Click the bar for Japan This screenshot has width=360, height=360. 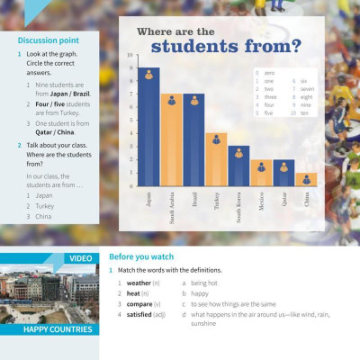pos(148,130)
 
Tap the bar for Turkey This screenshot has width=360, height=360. pos(216,160)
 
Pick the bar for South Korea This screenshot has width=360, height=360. pos(238,166)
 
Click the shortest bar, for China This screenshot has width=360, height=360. pos(306,180)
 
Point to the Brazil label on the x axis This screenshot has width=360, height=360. pos(193,199)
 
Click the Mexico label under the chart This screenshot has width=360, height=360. pos(261,201)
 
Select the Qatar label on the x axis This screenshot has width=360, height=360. pos(283,199)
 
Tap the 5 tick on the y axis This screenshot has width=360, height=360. pos(130,120)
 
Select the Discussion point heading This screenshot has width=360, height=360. pos(48,40)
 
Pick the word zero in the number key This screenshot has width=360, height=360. pos(269,72)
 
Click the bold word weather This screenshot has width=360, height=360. pos(139,283)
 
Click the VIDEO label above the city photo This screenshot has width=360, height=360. pos(81,259)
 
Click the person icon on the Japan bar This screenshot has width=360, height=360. pos(148,76)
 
